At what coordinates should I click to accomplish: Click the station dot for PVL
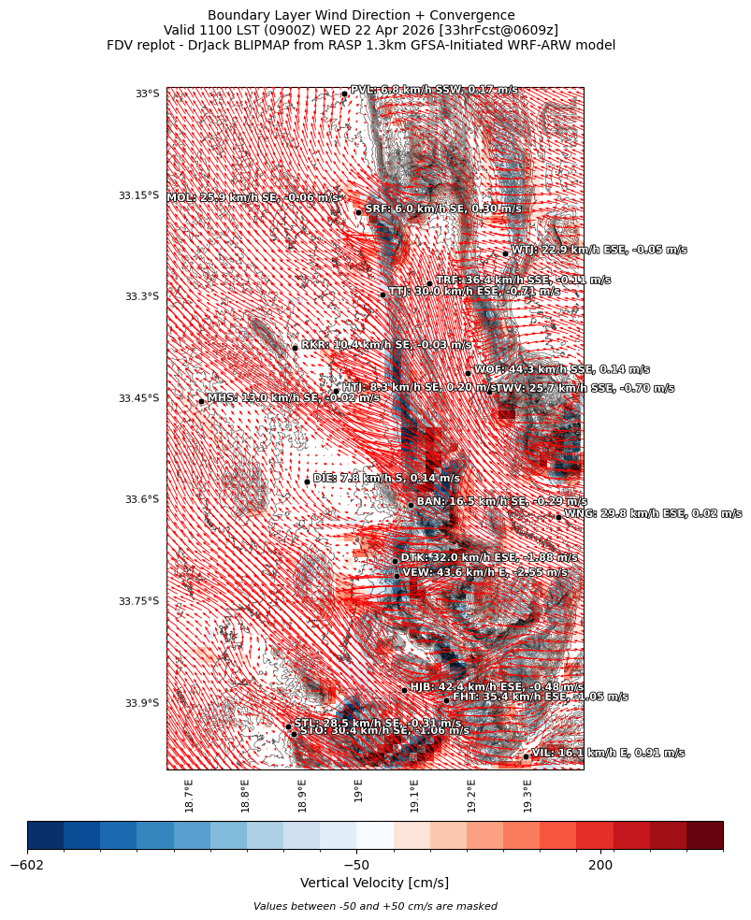pyautogui.click(x=344, y=93)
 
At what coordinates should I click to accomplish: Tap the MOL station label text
pyautogui.click(x=253, y=198)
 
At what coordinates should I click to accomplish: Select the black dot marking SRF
pyautogui.click(x=358, y=212)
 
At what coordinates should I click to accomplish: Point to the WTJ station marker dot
pyautogui.click(x=505, y=253)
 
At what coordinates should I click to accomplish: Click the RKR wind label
pyautogui.click(x=386, y=345)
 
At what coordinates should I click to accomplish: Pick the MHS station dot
pyautogui.click(x=201, y=401)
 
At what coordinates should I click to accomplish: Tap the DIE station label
pyautogui.click(x=386, y=478)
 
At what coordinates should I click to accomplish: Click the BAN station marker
pyautogui.click(x=411, y=505)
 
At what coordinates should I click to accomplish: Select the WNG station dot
pyautogui.click(x=558, y=517)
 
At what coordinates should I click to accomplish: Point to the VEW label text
pyautogui.click(x=484, y=572)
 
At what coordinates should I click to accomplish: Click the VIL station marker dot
pyautogui.click(x=526, y=756)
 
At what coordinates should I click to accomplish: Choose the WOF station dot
pyautogui.click(x=468, y=373)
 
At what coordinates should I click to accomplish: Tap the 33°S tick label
pyautogui.click(x=147, y=93)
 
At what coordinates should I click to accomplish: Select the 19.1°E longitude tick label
pyautogui.click(x=414, y=796)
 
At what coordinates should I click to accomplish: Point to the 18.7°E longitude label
pyautogui.click(x=189, y=796)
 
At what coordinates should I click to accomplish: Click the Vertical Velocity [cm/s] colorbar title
pyautogui.click(x=374, y=883)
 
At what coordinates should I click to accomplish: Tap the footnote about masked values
pyautogui.click(x=374, y=906)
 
